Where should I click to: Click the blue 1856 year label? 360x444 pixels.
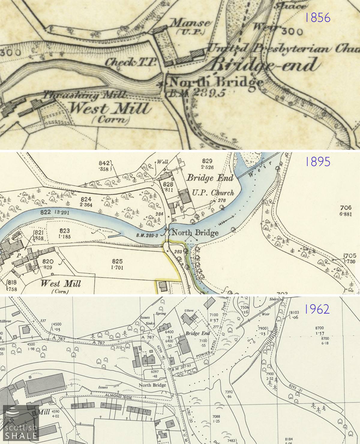click(x=317, y=18)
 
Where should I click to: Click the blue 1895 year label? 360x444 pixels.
click(x=317, y=162)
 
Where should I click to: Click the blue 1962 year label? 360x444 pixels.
click(x=317, y=309)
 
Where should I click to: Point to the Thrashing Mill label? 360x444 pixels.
click(x=84, y=96)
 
